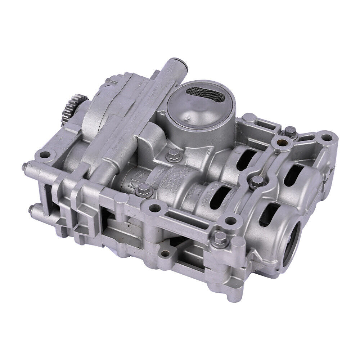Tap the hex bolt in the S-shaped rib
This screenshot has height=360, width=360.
click(257, 180)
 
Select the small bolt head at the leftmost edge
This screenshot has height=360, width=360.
click(24, 167)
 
